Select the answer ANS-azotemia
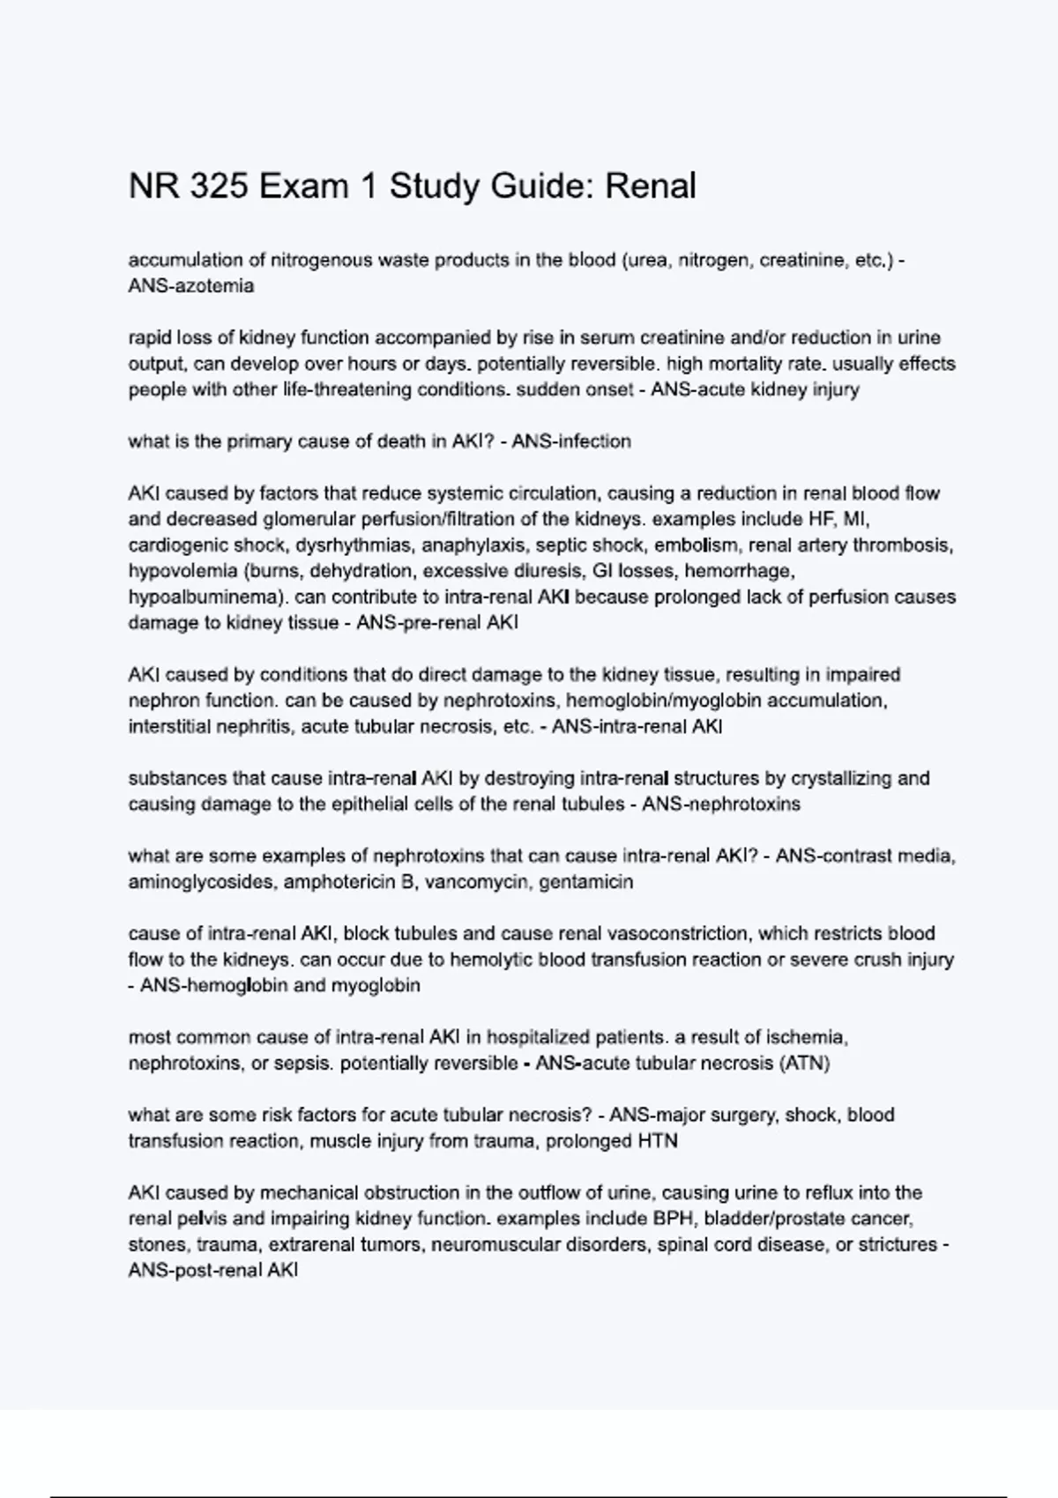click(x=191, y=286)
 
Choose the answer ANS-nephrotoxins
click(x=721, y=805)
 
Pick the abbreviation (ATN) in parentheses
click(x=805, y=1064)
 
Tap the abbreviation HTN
click(x=657, y=1141)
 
